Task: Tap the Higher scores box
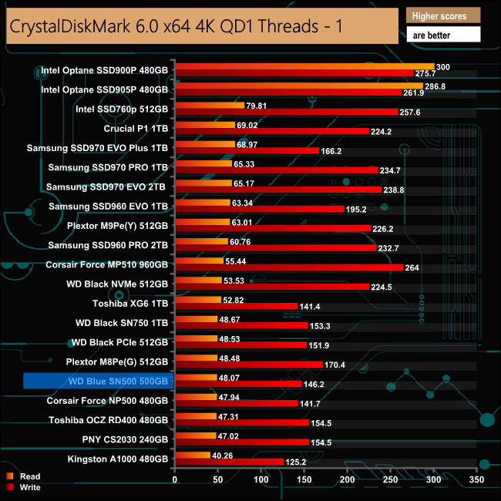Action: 442,15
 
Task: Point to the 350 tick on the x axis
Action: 478,479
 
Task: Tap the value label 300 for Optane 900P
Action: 442,67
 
